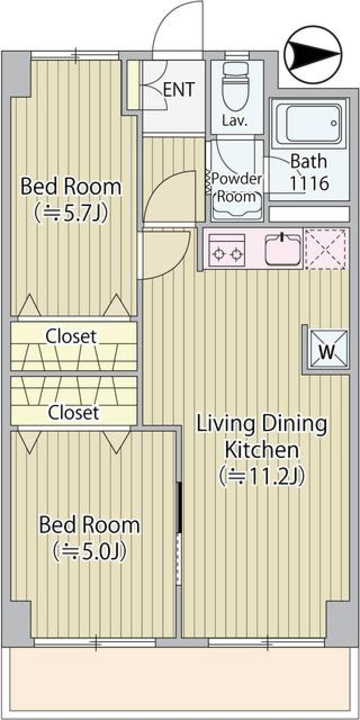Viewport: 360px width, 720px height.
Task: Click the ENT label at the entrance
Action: [179, 89]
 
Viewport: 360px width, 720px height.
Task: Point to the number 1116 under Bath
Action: [309, 183]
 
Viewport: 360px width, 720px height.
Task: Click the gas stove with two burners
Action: [226, 250]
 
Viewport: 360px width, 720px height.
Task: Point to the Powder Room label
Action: [236, 187]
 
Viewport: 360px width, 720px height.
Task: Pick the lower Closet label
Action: [73, 412]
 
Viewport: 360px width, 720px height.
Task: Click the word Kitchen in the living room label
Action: [262, 449]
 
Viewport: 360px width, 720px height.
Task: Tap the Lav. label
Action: [235, 121]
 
